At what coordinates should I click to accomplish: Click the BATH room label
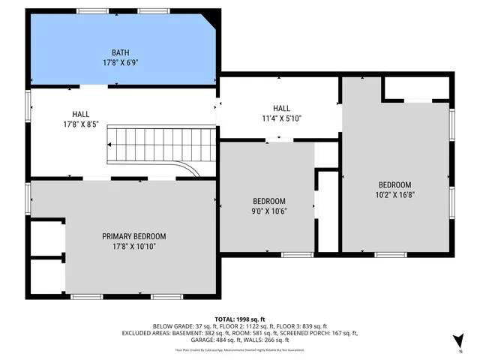click(120, 52)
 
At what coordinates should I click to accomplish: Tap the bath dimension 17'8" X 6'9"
click(120, 63)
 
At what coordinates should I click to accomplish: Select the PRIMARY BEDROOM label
click(134, 236)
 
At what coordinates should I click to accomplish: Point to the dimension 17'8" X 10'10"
click(134, 247)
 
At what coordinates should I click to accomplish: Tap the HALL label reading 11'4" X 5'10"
click(281, 108)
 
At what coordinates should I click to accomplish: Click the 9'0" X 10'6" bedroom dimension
click(268, 211)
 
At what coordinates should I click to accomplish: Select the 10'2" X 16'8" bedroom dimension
click(394, 196)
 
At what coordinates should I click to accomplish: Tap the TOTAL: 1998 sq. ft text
click(240, 318)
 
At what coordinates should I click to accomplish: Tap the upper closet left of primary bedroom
click(46, 238)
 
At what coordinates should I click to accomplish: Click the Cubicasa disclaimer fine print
click(240, 349)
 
